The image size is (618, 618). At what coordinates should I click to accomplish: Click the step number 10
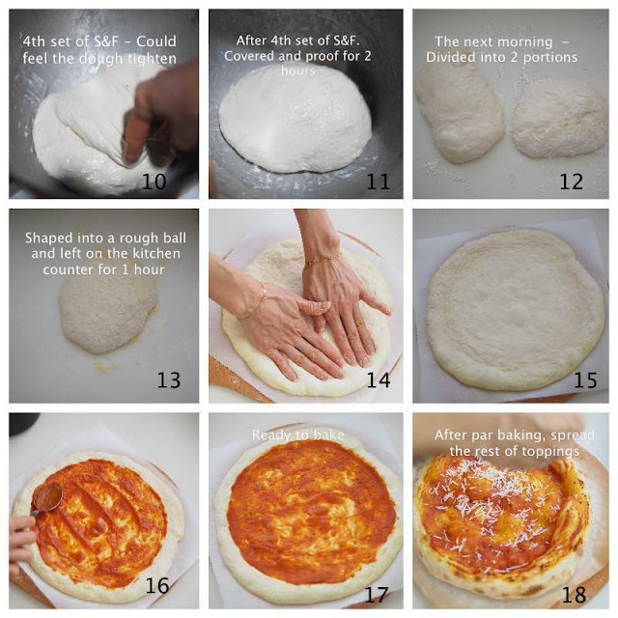pos(154,182)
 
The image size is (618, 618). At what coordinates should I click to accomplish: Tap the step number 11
pos(378,182)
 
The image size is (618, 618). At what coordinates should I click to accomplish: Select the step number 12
pos(571,182)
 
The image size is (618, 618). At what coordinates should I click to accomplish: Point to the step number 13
pos(169,379)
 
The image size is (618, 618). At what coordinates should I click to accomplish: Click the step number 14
pos(379,379)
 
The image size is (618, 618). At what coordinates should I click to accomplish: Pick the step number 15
pos(585,379)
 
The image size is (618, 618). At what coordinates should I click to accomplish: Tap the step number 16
pos(156,585)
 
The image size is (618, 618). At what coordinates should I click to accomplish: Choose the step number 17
pos(377,595)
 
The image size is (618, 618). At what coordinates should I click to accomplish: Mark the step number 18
pos(574,595)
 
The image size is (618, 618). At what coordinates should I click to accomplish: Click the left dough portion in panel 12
pos(460,112)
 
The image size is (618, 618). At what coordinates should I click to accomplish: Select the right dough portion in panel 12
pos(558,118)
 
